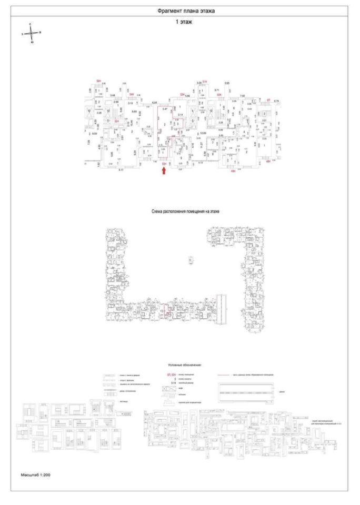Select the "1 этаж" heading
pyautogui.click(x=185, y=24)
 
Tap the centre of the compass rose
pyautogui.click(x=32, y=32)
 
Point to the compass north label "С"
pyautogui.click(x=32, y=24)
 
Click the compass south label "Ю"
pyautogui.click(x=32, y=42)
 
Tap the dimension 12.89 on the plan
pyautogui.click(x=201, y=134)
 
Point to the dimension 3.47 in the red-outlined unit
pyautogui.click(x=165, y=108)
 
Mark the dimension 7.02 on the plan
pyautogui.click(x=243, y=95)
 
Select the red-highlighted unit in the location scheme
pyautogui.click(x=166, y=311)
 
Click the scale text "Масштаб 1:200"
pyautogui.click(x=36, y=474)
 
